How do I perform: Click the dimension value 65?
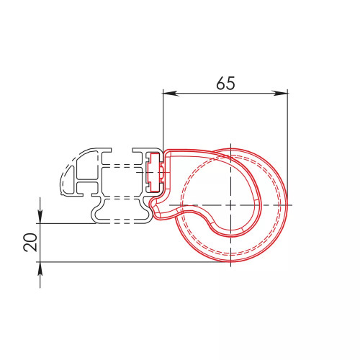(225, 83)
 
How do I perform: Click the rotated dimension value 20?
(31, 242)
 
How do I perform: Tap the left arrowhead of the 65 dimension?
(171, 93)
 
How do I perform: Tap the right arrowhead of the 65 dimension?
(280, 93)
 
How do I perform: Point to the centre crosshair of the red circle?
(230, 205)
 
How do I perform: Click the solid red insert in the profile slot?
(154, 172)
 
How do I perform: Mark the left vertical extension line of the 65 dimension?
(163, 120)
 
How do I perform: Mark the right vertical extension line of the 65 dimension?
(288, 146)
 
